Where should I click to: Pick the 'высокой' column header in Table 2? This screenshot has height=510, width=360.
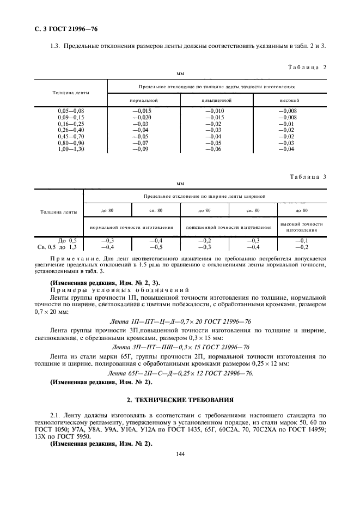click(x=289, y=100)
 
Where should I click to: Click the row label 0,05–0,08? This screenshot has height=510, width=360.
click(x=71, y=111)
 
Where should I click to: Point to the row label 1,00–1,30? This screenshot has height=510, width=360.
click(x=71, y=149)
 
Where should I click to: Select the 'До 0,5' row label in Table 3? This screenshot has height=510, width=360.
click(x=68, y=240)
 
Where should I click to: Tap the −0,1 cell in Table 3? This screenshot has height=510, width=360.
click(x=301, y=240)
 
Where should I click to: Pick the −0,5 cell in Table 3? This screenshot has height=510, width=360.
click(x=155, y=246)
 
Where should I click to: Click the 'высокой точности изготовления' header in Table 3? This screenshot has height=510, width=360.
click(x=301, y=227)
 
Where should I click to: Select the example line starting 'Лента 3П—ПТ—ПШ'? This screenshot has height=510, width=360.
click(x=180, y=347)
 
